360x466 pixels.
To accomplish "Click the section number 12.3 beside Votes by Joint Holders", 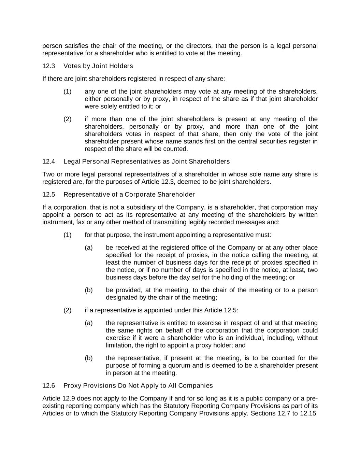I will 48,66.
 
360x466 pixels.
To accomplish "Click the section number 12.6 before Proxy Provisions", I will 48,386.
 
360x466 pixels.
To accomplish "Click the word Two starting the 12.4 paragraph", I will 48,174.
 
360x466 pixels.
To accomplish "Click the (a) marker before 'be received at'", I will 89,248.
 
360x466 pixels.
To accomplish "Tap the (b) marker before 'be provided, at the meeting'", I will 89,290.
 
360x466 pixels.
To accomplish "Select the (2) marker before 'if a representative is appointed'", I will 67,310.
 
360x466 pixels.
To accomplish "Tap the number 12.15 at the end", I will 308,413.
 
